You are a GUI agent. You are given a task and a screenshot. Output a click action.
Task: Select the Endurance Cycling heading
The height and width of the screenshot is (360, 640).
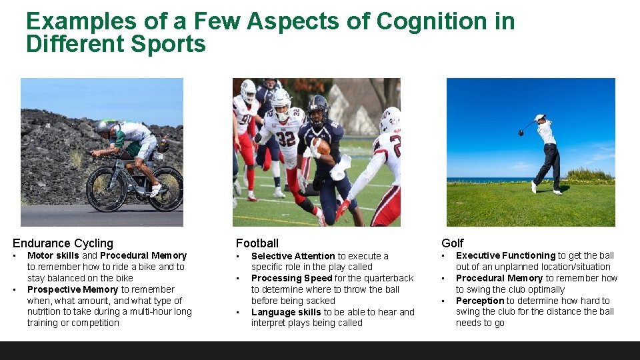pos(63,243)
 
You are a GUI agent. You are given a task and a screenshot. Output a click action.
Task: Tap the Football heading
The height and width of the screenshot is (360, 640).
pos(257,243)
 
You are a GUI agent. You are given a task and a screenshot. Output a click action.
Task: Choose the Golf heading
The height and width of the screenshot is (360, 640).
pos(452,243)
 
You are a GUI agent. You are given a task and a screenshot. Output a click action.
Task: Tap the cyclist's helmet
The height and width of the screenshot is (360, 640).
pos(103,127)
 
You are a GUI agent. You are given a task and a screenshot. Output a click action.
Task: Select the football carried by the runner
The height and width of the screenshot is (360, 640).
pos(321,146)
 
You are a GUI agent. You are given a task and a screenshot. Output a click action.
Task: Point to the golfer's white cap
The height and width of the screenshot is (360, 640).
pos(540,117)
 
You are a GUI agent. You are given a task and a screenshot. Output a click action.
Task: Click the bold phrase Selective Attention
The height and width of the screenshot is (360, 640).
pos(293,256)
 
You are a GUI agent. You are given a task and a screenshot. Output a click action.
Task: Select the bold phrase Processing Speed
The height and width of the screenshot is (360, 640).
pos(291,278)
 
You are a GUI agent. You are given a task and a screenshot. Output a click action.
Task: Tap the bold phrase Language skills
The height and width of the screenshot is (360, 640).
pos(286,312)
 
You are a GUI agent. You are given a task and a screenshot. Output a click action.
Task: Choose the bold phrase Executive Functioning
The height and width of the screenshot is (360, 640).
pos(505,255)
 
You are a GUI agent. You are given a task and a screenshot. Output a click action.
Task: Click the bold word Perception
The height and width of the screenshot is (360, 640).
pos(479,301)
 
